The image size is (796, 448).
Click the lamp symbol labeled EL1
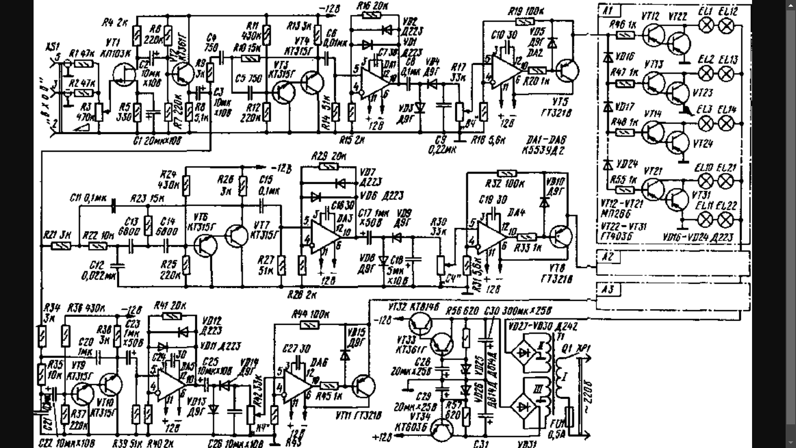coord(706,26)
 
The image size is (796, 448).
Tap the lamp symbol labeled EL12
coord(726,26)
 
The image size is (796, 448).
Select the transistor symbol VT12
coord(654,35)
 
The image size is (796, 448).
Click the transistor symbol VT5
coord(568,71)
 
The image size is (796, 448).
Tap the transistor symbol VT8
coord(561,236)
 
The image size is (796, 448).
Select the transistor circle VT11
coord(364,386)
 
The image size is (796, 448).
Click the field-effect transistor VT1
coord(124,75)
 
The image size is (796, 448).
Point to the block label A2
coord(607,256)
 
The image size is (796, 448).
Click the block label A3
coord(607,289)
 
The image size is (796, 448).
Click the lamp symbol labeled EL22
coord(726,220)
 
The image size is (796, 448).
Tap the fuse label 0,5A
coord(558,434)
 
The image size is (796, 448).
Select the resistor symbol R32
coord(507,173)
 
